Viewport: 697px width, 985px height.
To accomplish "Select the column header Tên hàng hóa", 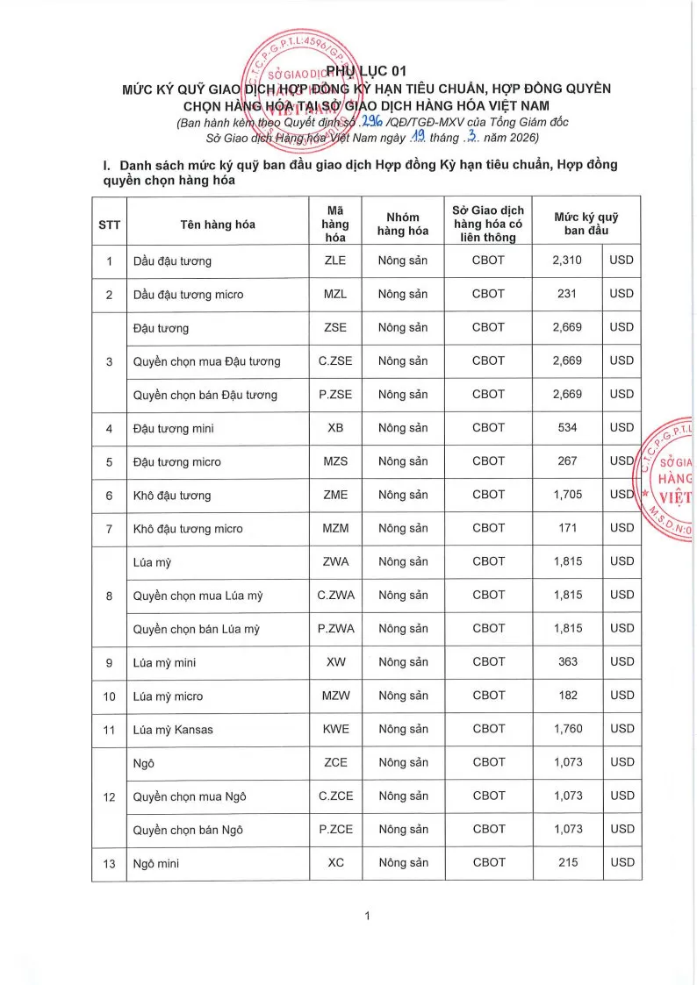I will point(218,225).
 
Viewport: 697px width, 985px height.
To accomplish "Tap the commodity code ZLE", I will point(335,261).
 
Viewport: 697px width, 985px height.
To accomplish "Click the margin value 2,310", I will point(567,261).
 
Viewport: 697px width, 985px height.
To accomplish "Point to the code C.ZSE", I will point(335,360).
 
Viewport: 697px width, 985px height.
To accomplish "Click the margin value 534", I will point(567,428).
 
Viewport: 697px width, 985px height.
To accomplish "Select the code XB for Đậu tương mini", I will point(335,428).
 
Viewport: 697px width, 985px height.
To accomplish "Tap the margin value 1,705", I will point(567,495).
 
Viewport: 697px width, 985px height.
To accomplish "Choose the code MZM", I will point(335,528).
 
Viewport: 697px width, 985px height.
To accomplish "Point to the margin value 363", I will point(567,662).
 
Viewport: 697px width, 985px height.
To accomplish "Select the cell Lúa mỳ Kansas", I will point(173,730).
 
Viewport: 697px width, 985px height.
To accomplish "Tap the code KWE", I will point(335,729).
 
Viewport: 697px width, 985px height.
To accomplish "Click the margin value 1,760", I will point(567,729).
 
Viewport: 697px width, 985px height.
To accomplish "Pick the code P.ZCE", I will point(335,830).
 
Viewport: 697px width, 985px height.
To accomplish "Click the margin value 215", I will point(567,863).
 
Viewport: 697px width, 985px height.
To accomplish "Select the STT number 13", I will point(110,864).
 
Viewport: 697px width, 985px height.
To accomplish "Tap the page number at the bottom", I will point(367,917).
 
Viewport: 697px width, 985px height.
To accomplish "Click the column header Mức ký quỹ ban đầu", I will point(586,224).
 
